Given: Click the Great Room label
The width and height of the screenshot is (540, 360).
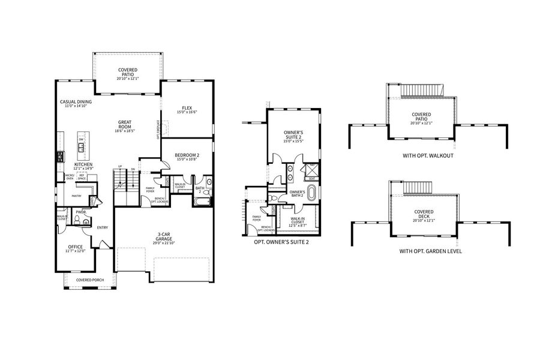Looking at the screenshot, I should click(124, 124).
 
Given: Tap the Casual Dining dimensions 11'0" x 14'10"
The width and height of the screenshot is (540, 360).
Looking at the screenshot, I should click(76, 107).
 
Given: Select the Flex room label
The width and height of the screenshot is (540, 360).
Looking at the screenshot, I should click(187, 108).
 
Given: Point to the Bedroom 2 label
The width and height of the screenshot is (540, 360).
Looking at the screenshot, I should click(186, 155).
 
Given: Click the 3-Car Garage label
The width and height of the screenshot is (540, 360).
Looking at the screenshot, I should click(163, 236).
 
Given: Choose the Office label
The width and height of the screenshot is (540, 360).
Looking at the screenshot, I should click(75, 247).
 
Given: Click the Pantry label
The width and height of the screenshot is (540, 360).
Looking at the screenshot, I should click(76, 196).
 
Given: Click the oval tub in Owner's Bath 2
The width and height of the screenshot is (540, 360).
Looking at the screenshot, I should click(311, 193).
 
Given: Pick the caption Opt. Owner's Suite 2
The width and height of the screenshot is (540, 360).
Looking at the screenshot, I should click(282, 241).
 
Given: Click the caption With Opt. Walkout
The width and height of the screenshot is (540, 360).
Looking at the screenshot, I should click(427, 156).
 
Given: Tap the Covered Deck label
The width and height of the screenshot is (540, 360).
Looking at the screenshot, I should click(424, 214).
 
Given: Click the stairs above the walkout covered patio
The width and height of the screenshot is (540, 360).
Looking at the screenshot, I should click(422, 90).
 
